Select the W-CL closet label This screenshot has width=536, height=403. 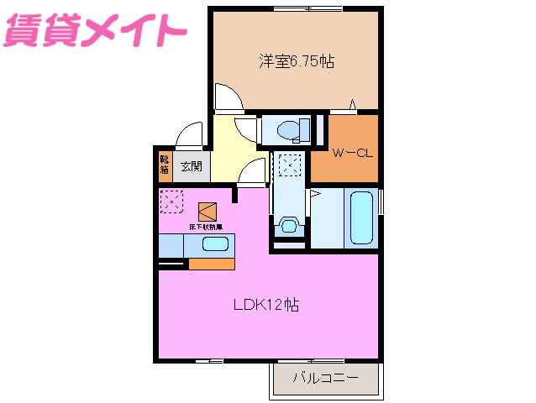point(352,153)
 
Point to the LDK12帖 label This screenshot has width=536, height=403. point(265,304)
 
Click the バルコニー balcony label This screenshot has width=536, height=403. point(325,377)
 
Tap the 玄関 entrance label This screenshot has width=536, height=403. point(191,166)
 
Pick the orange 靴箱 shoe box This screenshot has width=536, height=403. point(165,165)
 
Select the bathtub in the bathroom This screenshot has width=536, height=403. point(360,218)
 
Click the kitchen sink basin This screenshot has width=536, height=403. point(214,244)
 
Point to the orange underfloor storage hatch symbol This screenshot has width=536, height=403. point(208,211)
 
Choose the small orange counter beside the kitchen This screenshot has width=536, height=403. point(211,264)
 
